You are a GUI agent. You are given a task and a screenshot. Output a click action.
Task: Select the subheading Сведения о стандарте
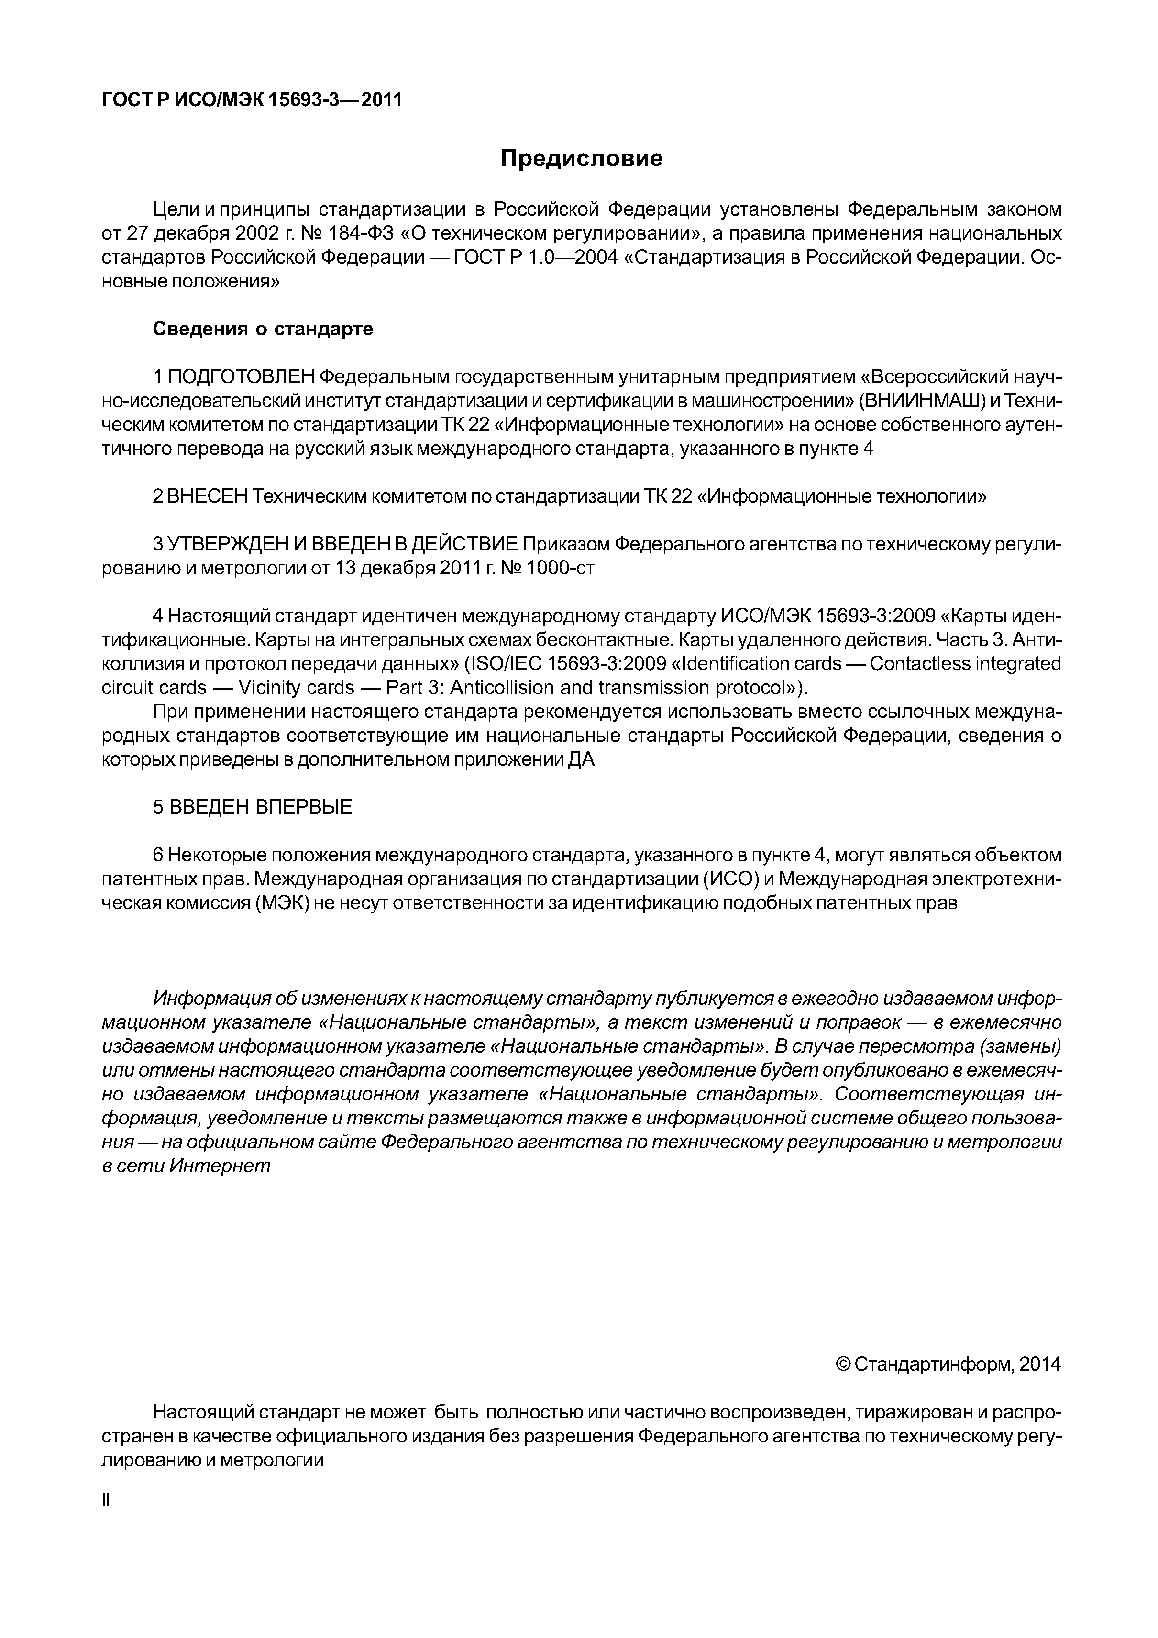pyautogui.click(x=263, y=329)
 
